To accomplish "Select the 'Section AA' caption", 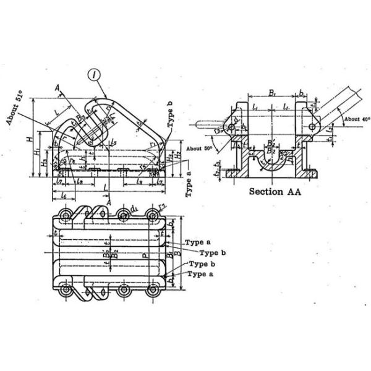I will coord(275,192).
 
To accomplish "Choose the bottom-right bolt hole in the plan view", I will coord(153,289).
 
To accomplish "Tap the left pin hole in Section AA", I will coord(231,127).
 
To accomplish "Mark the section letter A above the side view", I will coord(58,89).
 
